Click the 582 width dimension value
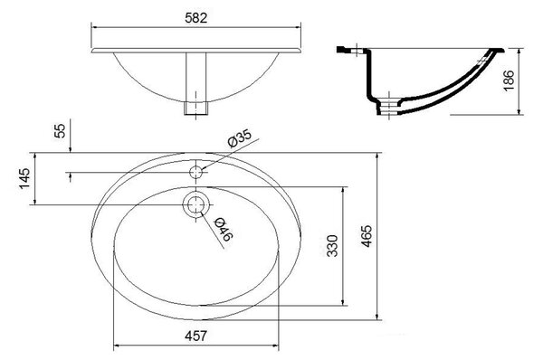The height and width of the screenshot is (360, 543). (196, 18)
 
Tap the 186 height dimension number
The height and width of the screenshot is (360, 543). (509, 81)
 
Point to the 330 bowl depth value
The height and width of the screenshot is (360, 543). (332, 246)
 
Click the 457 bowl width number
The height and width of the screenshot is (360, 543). (196, 336)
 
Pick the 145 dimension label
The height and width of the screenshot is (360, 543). (24, 178)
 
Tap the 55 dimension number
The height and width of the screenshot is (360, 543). (60, 131)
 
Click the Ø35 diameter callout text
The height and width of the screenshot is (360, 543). (239, 138)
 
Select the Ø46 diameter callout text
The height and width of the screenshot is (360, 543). (224, 229)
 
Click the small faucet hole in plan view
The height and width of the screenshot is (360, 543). (196, 172)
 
